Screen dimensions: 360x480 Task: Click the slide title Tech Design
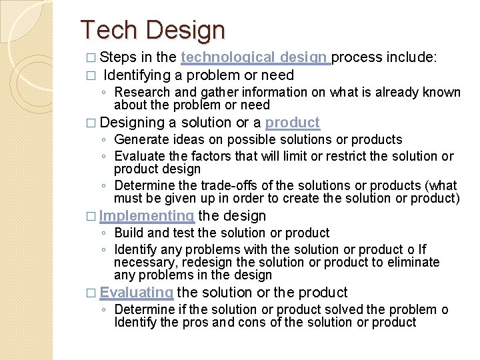click(x=153, y=30)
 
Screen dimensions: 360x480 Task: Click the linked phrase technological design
click(x=255, y=57)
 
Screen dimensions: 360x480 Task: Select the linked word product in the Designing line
click(x=292, y=123)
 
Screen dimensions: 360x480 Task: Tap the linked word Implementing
click(x=147, y=216)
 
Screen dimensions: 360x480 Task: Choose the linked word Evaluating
click(x=137, y=292)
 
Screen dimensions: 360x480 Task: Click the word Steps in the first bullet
click(x=119, y=57)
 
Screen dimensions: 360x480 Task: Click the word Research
click(x=142, y=92)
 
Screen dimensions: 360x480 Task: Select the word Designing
click(x=132, y=123)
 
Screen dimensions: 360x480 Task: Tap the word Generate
click(x=140, y=139)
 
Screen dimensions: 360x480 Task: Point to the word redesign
click(x=201, y=262)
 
